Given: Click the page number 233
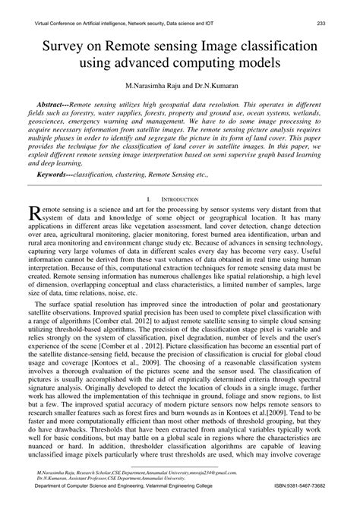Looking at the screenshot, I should (x=343, y=23).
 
